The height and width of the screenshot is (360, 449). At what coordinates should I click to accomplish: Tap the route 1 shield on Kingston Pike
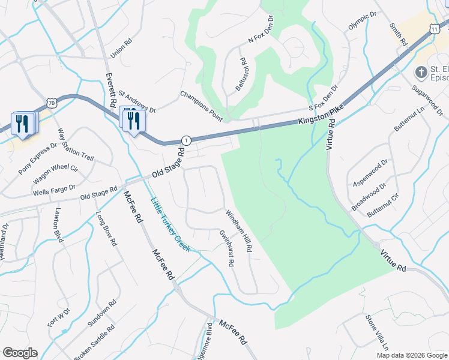point(187,140)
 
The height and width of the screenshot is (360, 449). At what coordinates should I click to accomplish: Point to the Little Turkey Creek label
point(170,225)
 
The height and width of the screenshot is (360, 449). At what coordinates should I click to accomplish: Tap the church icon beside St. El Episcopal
point(421,72)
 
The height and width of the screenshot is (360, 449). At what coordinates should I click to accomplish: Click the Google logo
point(19,353)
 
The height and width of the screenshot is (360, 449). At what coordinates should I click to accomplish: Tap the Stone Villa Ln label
point(376,336)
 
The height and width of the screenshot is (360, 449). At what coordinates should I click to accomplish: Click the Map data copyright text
point(411,355)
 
